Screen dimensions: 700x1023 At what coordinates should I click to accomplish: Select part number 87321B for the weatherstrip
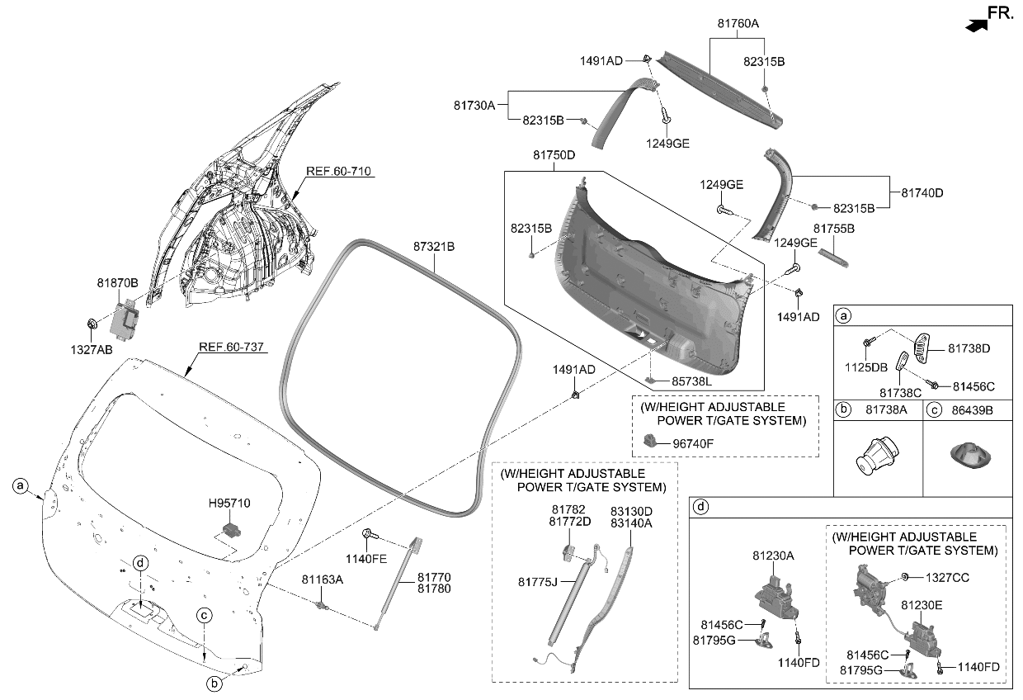(435, 246)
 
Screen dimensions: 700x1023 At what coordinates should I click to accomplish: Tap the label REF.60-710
(338, 172)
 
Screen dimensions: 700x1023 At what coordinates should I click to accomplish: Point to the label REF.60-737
(231, 348)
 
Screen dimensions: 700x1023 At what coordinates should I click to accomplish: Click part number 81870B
(117, 283)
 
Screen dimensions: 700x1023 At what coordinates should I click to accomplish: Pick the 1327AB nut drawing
(92, 322)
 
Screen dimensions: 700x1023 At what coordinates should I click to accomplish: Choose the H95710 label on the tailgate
(230, 503)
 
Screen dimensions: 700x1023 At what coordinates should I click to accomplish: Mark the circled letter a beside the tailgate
(21, 486)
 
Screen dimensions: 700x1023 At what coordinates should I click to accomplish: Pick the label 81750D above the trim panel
(554, 155)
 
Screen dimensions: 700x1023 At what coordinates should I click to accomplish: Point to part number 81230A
(772, 556)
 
